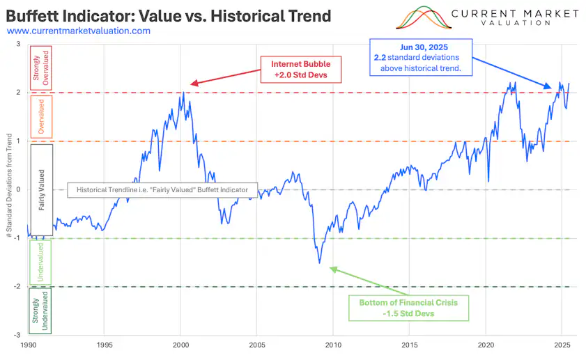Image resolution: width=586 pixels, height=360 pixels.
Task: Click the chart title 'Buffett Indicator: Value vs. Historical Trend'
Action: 168,15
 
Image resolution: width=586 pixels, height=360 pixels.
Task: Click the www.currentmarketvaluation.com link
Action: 78,31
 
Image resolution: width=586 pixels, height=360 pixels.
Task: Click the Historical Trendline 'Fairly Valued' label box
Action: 162,189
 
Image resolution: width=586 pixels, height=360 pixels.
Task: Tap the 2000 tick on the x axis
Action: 181,345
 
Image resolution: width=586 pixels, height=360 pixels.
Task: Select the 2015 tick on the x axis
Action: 410,345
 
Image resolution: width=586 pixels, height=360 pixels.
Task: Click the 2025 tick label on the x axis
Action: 562,345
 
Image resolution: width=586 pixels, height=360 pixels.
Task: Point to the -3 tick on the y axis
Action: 19,336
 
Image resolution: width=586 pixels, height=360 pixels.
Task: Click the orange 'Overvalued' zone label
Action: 40,116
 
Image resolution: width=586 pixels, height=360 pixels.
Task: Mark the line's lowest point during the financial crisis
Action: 320,263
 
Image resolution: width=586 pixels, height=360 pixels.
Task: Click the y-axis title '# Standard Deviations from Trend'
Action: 8,189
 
